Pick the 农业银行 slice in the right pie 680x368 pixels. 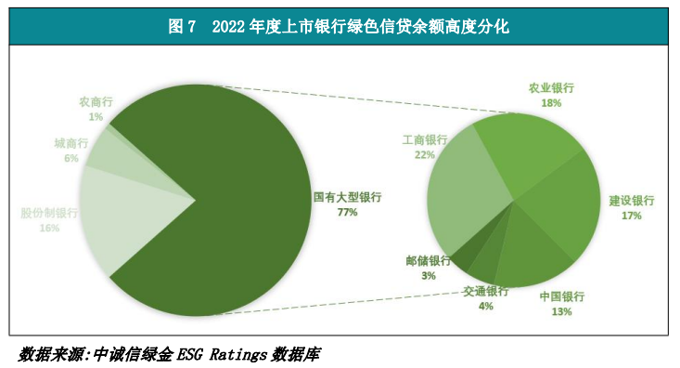[x=529, y=149]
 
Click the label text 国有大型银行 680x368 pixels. [x=348, y=198]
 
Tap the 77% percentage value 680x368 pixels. [x=348, y=213]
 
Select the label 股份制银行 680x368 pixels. [x=49, y=213]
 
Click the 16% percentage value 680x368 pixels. [x=49, y=228]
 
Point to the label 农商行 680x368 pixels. [x=96, y=103]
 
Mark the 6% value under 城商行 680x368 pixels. [x=71, y=159]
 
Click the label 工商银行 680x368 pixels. [x=425, y=141]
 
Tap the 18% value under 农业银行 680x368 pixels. [x=551, y=103]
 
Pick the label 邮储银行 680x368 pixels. [x=428, y=261]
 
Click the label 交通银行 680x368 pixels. [x=486, y=291]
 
